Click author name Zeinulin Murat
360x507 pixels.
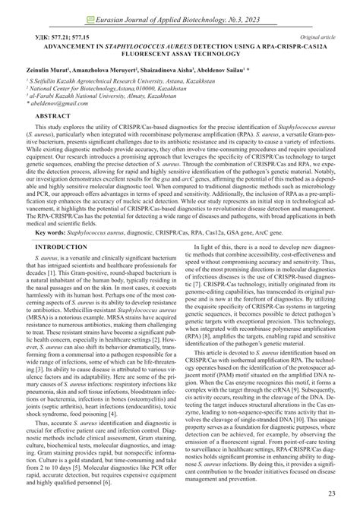pyautogui.click(x=53, y=67)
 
